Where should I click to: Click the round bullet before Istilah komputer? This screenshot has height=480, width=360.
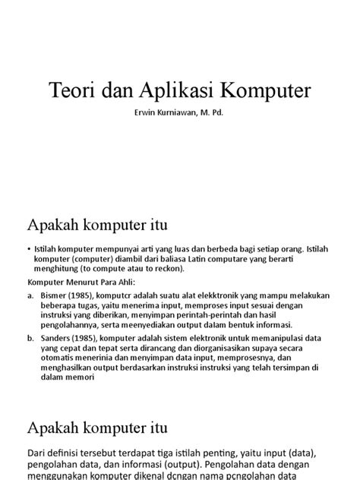[28, 248]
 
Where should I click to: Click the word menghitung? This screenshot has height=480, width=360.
[56, 268]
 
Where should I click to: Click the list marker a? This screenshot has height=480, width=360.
[29, 292]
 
